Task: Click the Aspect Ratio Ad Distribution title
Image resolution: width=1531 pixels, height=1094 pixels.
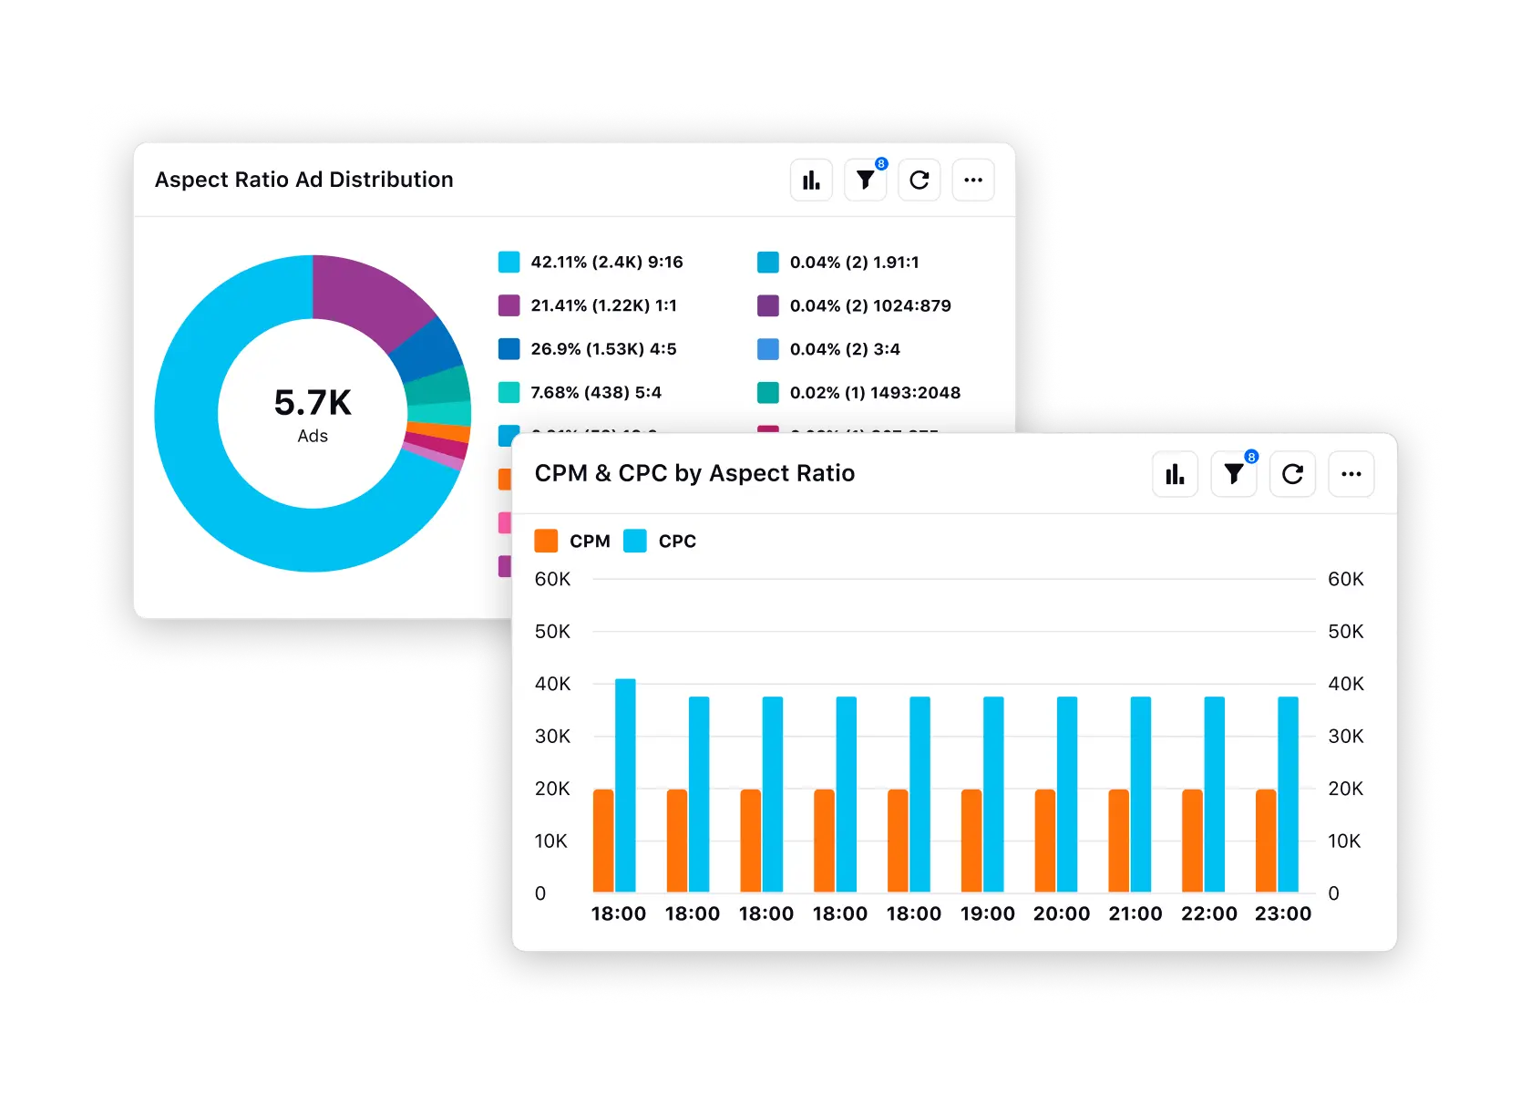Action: point(303,180)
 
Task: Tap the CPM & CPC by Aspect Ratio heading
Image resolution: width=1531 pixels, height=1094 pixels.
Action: point(694,473)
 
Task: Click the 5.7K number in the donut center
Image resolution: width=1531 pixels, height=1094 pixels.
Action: point(313,403)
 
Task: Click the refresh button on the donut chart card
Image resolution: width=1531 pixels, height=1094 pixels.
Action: point(920,180)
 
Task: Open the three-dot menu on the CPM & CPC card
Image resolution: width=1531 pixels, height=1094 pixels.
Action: point(1351,474)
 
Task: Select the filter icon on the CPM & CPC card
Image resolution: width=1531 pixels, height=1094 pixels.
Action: point(1234,474)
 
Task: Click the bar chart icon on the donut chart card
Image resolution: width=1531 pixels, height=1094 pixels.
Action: point(811,180)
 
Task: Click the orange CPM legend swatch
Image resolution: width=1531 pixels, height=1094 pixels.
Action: point(546,541)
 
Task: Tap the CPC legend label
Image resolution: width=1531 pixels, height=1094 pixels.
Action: point(676,542)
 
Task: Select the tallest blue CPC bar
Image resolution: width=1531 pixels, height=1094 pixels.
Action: point(625,784)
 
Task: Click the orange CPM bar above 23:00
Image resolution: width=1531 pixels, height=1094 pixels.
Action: point(1265,841)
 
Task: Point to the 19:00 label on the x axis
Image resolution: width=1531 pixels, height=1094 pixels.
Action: point(987,913)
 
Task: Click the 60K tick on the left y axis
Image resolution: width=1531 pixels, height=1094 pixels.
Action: point(552,579)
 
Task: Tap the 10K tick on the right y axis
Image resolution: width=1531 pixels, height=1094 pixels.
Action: point(1343,841)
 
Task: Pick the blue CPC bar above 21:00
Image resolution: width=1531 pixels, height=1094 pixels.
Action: point(1141,793)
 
